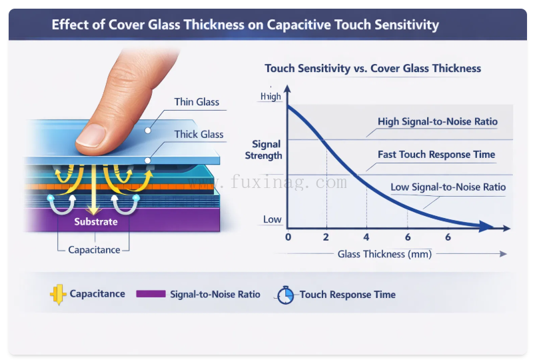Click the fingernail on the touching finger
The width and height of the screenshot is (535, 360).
point(92,136)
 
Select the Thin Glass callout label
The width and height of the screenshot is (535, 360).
point(197,102)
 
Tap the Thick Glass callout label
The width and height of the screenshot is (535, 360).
point(199,135)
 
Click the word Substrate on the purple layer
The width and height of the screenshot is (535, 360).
point(96,221)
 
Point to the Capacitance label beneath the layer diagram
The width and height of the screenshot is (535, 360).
point(94,250)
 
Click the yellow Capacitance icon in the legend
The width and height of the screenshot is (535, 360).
point(57,294)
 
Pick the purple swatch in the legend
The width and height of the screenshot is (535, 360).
point(150,294)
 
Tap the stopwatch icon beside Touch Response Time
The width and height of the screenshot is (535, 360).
point(285,295)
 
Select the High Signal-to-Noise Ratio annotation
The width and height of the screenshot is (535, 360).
point(437,122)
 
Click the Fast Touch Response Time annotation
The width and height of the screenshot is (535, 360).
point(436,155)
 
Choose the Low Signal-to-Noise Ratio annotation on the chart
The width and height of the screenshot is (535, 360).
point(448,187)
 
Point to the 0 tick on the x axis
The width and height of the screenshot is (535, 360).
point(288,237)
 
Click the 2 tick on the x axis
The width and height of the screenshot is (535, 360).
point(326,237)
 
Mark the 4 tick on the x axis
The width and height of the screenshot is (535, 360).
point(366,237)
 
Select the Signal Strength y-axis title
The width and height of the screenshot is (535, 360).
point(267,150)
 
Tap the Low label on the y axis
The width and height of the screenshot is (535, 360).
point(272,219)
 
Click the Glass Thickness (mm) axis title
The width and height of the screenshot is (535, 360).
point(384,254)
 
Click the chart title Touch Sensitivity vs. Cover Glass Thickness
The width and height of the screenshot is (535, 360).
point(372,69)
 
